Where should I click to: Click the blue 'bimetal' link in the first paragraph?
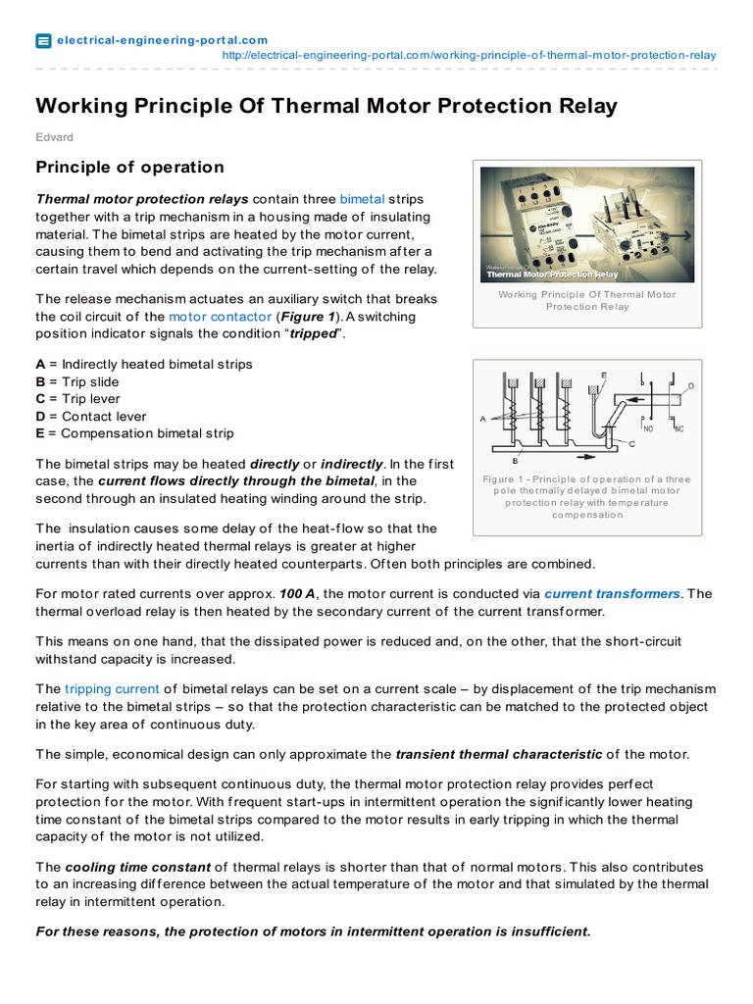point(362,198)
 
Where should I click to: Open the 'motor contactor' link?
point(219,317)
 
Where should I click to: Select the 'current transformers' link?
point(612,593)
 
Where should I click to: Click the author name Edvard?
point(54,137)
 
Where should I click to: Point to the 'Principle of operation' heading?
point(129,167)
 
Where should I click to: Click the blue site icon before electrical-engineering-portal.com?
point(43,40)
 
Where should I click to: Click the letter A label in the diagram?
point(483,419)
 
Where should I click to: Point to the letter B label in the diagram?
point(516,459)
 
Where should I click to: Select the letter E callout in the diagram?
point(603,376)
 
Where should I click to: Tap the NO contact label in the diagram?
point(646,428)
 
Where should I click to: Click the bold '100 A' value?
point(297,593)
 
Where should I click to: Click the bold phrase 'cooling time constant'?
point(136,867)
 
